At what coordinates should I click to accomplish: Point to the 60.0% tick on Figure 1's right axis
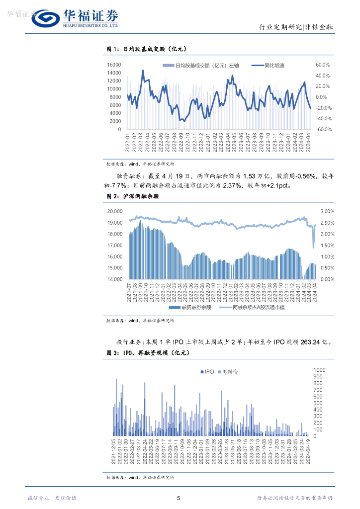click(x=323, y=65)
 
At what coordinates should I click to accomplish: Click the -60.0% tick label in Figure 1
click(x=324, y=129)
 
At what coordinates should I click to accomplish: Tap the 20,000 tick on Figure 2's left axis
click(x=116, y=211)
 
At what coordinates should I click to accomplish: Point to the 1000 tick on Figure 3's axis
click(x=319, y=370)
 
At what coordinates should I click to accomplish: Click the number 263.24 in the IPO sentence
click(x=307, y=342)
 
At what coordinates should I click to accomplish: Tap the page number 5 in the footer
click(x=179, y=498)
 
